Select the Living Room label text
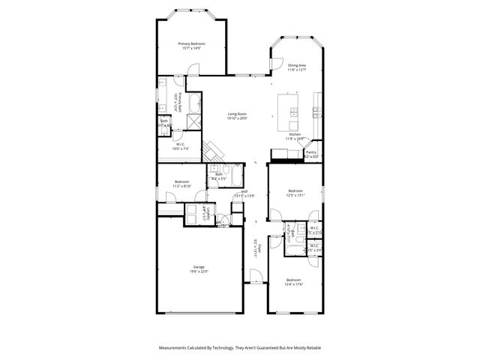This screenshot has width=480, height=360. click(238, 115)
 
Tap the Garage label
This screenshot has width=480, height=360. click(199, 268)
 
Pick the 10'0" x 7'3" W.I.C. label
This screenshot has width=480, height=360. click(181, 147)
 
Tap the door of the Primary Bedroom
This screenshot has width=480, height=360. click(193, 70)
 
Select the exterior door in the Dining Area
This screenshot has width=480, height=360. click(276, 64)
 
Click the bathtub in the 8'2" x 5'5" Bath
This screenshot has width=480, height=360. click(235, 177)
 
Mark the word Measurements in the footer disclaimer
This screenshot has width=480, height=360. click(174, 348)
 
